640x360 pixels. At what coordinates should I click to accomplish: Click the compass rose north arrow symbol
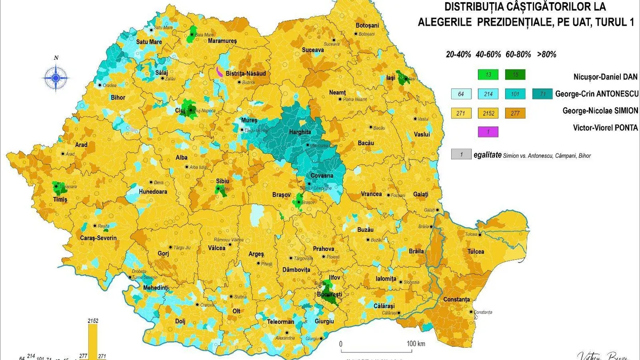coord(56,76)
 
